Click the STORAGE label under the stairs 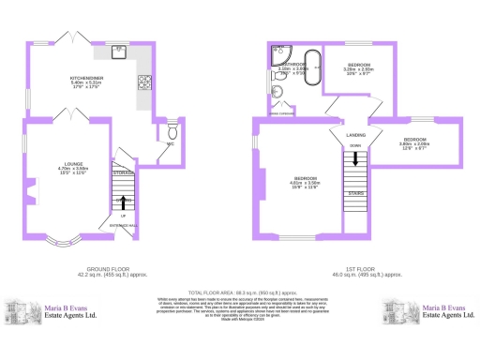click(123, 172)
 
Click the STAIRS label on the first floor click(356, 193)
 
